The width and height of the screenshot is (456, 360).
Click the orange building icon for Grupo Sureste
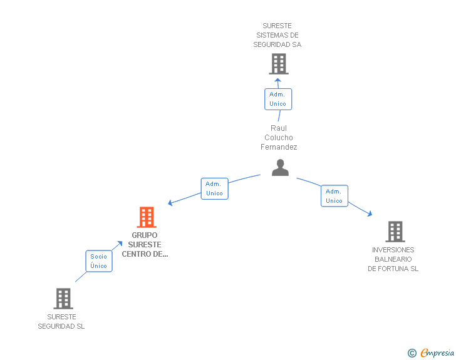tap(146, 217)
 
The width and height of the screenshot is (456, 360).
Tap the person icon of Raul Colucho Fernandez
tap(280, 167)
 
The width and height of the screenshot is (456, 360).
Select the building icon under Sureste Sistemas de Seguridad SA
tap(278, 64)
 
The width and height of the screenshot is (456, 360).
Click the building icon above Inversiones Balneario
tap(395, 231)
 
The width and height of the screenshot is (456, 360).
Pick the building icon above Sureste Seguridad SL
tap(63, 299)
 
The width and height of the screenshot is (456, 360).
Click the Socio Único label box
tap(98, 261)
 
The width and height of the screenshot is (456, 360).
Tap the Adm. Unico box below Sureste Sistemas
tap(277, 99)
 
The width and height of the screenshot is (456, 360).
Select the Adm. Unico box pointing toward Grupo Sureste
tap(214, 188)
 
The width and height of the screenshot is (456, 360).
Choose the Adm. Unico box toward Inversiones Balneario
tap(334, 196)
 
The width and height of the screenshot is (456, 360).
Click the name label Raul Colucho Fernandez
tap(279, 138)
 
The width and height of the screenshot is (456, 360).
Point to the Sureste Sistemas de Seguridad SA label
tap(277, 35)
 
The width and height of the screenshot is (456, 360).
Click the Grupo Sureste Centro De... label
tap(145, 245)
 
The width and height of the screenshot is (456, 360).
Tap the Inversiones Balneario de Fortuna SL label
tap(393, 259)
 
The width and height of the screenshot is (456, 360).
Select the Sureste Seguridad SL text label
tap(61, 321)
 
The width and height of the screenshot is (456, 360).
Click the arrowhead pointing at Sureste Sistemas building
tap(277, 81)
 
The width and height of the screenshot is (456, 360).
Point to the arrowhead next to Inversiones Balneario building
tap(370, 213)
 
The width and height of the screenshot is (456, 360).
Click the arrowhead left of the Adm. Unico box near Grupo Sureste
tap(170, 203)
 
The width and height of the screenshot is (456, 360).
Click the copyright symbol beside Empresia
tap(412, 353)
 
